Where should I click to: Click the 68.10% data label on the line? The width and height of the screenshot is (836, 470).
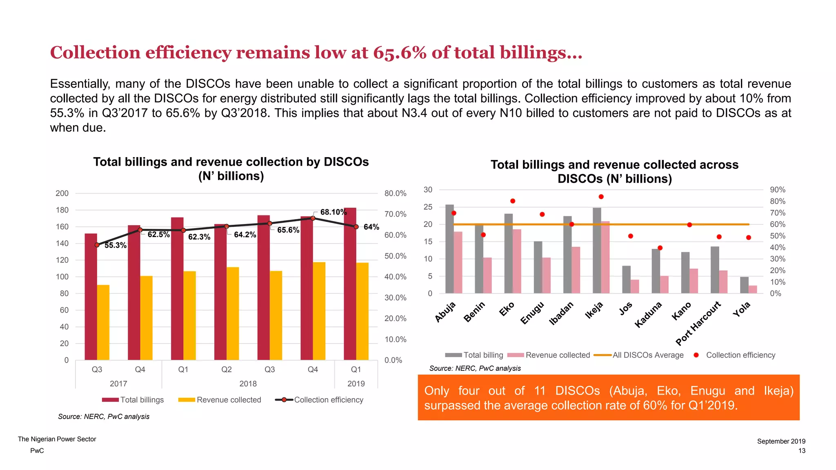pos(333,212)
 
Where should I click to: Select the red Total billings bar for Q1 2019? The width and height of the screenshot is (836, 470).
pos(350,286)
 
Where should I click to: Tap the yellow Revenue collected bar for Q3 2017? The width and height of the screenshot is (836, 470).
pos(103,322)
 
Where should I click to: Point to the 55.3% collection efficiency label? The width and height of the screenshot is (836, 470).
pos(115,245)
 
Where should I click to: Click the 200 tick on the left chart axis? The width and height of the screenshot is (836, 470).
pos(62,193)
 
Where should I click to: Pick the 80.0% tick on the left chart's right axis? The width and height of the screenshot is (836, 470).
pos(395,193)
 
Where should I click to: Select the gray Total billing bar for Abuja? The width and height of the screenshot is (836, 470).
pos(449,249)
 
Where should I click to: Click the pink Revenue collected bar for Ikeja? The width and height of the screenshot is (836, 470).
pos(605,257)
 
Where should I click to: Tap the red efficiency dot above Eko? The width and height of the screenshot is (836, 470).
pos(513,201)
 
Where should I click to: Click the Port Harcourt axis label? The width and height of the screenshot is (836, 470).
pos(698,323)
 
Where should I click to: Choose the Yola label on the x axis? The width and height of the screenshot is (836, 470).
pos(741,309)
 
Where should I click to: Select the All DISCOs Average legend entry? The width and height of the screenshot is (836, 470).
pos(647,355)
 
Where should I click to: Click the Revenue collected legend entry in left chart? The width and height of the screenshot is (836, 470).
pos(229,400)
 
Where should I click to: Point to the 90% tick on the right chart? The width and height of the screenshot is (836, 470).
pos(777,190)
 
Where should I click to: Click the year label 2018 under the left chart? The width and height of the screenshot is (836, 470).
pos(248,384)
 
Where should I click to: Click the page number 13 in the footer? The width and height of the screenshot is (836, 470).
pos(802,450)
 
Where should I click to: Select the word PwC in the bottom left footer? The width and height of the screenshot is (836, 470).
pos(37,450)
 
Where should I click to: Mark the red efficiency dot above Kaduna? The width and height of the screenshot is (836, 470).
pos(660,248)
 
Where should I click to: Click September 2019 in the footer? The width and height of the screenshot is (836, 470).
pos(781,441)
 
